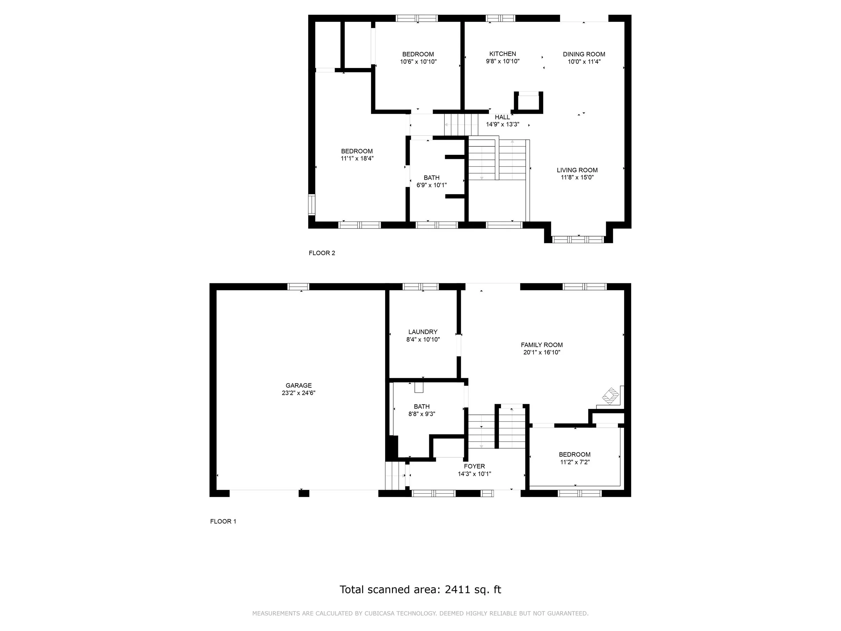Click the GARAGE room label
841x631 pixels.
click(x=298, y=385)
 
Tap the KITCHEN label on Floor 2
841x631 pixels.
click(x=502, y=54)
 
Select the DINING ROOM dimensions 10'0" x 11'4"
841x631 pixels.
click(x=584, y=62)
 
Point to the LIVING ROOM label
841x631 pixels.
click(x=577, y=170)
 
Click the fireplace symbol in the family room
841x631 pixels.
click(x=610, y=396)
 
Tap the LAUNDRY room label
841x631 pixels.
click(x=423, y=332)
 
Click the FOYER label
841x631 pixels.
click(x=474, y=466)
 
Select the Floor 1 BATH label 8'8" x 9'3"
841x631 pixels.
click(x=422, y=410)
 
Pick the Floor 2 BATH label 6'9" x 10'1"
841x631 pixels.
click(x=432, y=181)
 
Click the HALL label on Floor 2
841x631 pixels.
click(x=502, y=117)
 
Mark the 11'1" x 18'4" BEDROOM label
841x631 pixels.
click(x=357, y=155)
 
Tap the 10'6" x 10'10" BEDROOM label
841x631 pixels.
click(x=418, y=58)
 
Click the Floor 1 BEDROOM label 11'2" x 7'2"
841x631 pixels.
click(x=575, y=458)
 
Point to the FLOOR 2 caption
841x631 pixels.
click(x=322, y=253)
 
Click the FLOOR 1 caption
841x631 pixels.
click(x=223, y=522)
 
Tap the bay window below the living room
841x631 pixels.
click(x=578, y=240)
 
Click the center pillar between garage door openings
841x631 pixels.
click(x=303, y=494)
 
